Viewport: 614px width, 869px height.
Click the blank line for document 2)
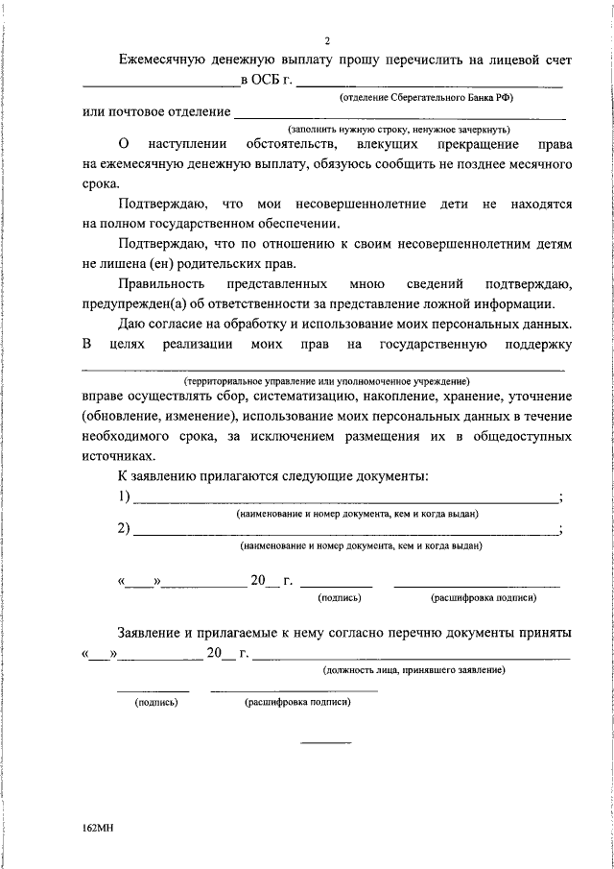coord(344,531)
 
